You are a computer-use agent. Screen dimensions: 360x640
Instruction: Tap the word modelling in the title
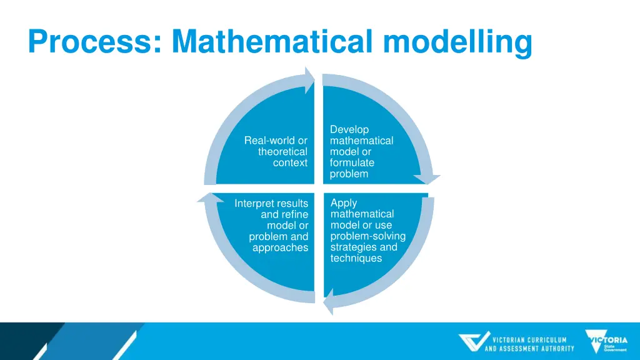(457, 42)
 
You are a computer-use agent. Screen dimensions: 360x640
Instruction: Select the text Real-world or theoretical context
(276, 152)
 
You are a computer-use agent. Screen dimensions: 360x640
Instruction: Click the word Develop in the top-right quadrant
(349, 129)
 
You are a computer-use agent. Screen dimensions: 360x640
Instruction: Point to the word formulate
(352, 162)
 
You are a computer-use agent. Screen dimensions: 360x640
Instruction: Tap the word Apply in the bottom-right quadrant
(344, 202)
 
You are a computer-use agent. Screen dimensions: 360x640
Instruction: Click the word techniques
(356, 258)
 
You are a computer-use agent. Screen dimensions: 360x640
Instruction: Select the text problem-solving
(367, 236)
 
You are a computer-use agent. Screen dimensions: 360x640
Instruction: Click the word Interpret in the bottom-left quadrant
(254, 204)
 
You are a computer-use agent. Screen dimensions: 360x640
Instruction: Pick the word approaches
(280, 247)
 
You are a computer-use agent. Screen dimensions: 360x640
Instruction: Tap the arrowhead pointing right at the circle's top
(309, 80)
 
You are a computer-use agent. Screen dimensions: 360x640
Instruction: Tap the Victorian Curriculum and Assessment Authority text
(529, 344)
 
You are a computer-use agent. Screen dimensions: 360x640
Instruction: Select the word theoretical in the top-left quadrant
(282, 152)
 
